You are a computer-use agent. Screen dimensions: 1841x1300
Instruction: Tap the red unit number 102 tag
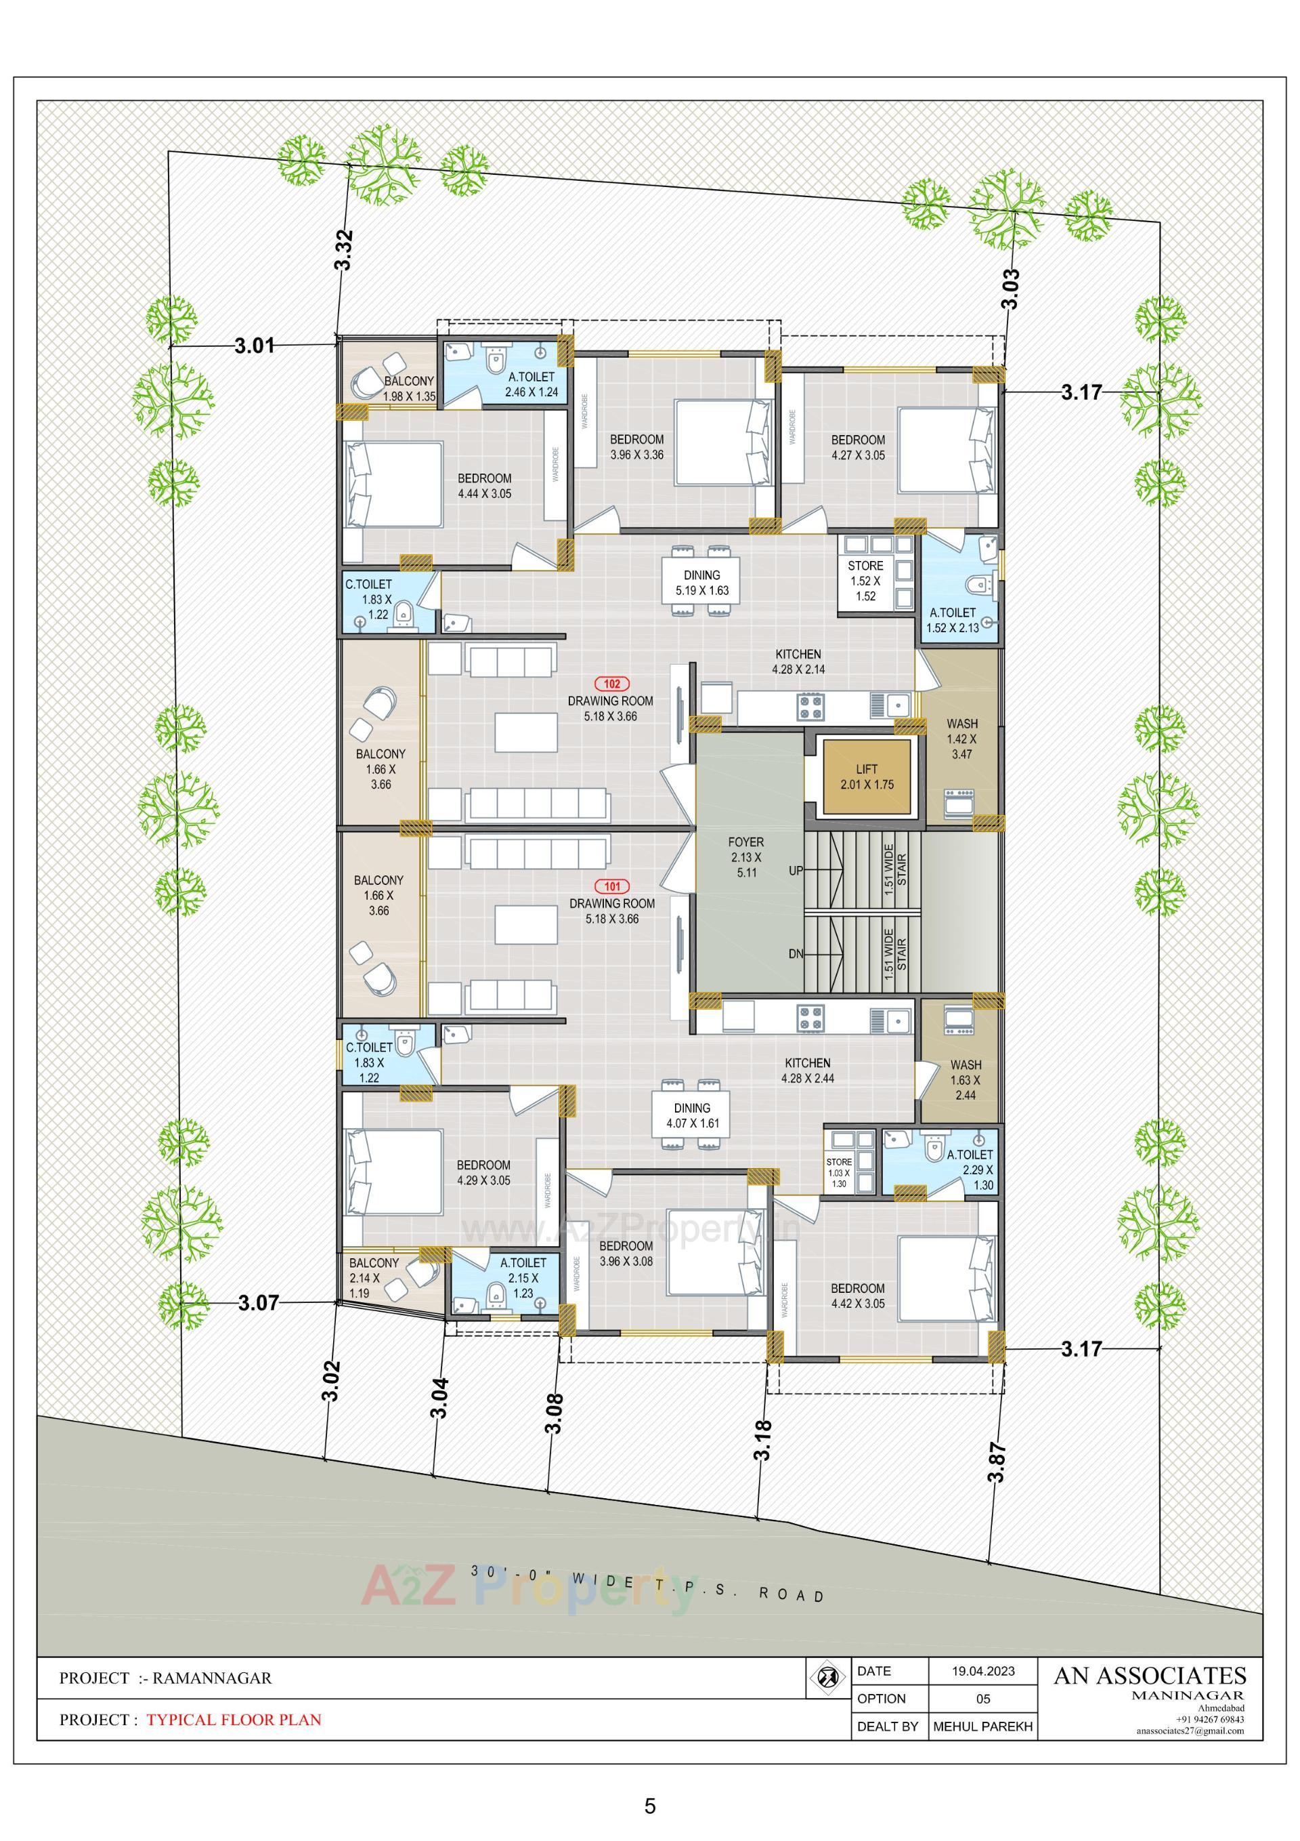[611, 684]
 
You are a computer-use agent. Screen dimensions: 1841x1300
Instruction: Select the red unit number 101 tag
[612, 887]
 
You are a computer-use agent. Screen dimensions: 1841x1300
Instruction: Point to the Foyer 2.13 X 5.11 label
[746, 857]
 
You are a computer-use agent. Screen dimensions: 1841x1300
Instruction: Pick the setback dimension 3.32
[344, 250]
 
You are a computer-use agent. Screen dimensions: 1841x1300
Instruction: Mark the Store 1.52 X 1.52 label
[865, 581]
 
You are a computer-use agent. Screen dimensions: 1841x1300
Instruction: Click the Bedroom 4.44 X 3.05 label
[484, 486]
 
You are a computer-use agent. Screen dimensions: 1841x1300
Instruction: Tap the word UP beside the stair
[796, 870]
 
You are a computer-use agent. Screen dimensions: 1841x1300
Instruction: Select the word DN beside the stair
[795, 954]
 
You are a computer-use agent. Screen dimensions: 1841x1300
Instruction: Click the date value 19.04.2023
[982, 1671]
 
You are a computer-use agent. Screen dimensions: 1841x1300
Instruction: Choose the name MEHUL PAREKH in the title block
[982, 1726]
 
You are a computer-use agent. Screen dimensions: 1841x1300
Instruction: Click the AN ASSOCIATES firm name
[1149, 1675]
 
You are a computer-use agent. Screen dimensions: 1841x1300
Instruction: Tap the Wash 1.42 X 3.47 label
[961, 739]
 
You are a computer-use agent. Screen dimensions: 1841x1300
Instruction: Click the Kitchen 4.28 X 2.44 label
[807, 1071]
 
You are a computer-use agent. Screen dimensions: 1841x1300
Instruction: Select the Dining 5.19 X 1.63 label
[701, 582]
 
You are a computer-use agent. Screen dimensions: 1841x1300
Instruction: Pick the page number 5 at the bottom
[649, 1805]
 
